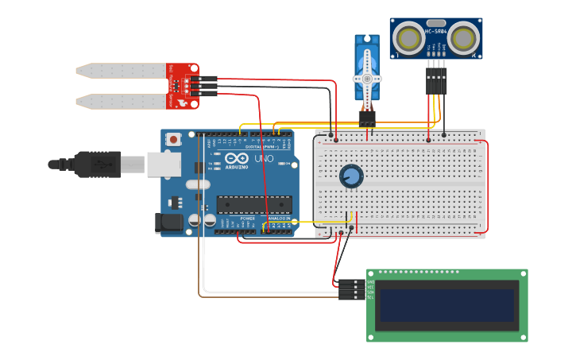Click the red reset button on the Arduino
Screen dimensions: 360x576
(x=174, y=139)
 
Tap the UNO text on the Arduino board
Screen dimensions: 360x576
(x=264, y=159)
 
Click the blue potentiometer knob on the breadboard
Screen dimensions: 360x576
(x=350, y=176)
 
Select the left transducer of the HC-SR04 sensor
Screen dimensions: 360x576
(x=411, y=39)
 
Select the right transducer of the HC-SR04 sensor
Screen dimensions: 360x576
(x=464, y=39)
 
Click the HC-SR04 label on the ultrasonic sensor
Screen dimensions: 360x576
(x=437, y=32)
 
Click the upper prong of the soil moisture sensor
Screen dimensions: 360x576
(x=119, y=71)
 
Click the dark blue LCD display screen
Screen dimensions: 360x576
(x=446, y=305)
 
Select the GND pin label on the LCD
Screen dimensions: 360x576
(x=370, y=282)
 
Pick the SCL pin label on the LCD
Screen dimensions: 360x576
(x=370, y=297)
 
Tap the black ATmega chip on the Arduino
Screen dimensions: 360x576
(x=254, y=204)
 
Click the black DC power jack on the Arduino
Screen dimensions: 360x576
(x=169, y=223)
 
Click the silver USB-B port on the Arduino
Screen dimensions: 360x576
(x=164, y=164)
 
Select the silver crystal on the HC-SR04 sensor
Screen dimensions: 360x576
(x=436, y=23)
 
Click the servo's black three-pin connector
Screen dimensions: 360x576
(x=366, y=118)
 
